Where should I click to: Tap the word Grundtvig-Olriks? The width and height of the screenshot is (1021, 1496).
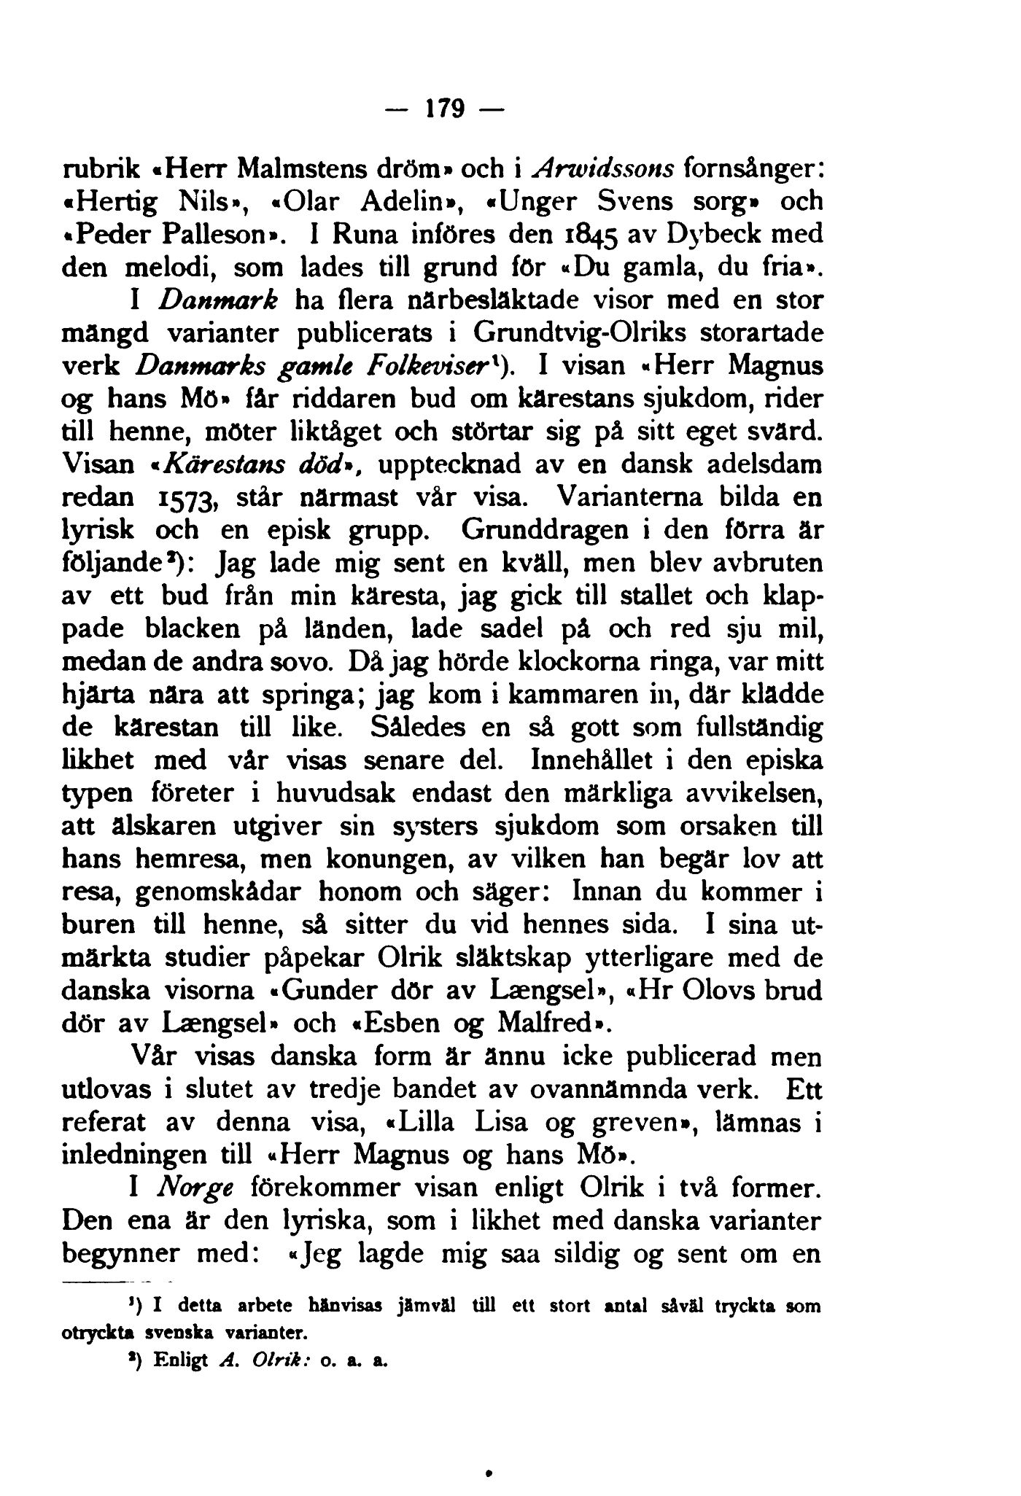[581, 332]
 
